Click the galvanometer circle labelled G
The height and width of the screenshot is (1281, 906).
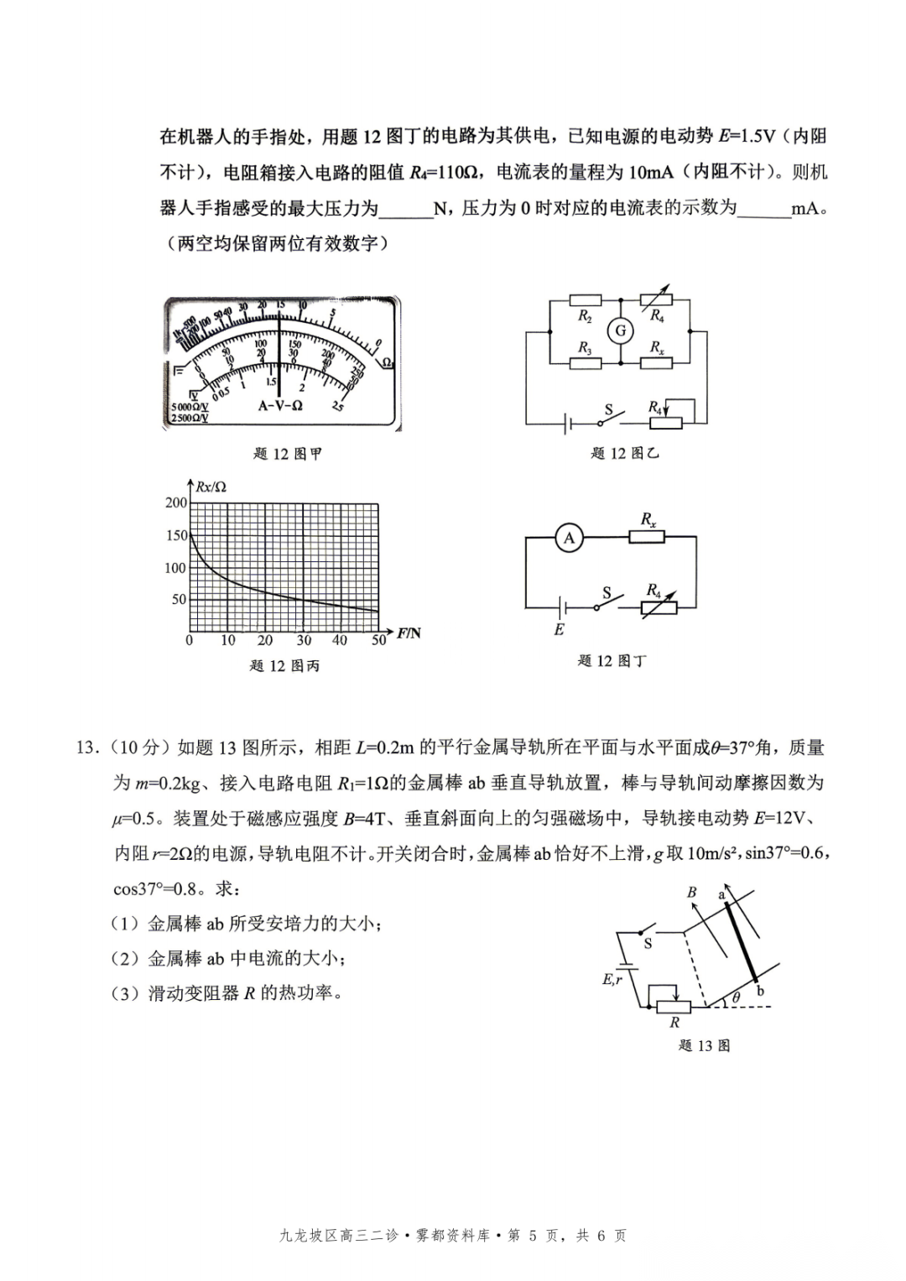tap(621, 331)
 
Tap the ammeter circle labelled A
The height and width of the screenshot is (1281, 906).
tap(569, 538)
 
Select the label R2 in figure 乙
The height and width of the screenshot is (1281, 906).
tap(585, 316)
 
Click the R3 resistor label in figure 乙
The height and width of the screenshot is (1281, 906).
tap(585, 347)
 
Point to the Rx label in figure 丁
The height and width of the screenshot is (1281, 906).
tap(648, 519)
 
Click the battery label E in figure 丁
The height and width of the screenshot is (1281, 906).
tap(559, 629)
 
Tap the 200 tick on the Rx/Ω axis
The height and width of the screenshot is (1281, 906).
tap(176, 503)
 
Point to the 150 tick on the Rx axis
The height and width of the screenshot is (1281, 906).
tap(176, 535)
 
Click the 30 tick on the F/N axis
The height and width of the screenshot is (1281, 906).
tap(303, 640)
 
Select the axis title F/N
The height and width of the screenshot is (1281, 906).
tap(409, 633)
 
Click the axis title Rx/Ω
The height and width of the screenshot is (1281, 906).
tap(211, 487)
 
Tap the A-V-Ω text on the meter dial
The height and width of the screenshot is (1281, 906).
tap(280, 404)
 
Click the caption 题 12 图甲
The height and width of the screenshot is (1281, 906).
tap(287, 454)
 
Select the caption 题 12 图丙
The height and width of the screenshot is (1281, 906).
tap(284, 665)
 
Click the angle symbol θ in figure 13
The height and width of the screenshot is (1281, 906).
tap(736, 997)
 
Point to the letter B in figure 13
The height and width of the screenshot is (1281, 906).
tap(692, 892)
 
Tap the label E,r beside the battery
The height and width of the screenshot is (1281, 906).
tap(612, 978)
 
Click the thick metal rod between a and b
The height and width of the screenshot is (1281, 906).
tap(742, 940)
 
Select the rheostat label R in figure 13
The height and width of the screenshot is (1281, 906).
tap(674, 1023)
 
